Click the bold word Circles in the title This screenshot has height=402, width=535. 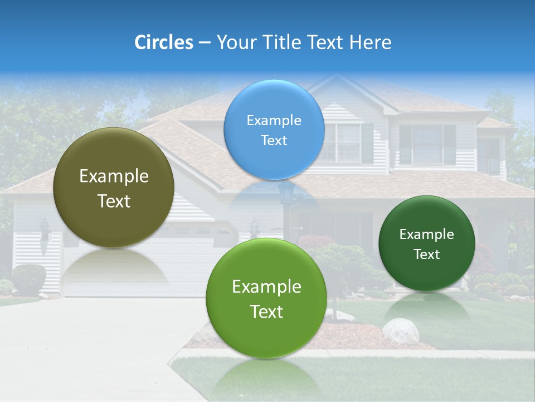[x=163, y=42]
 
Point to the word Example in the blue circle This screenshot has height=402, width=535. [x=274, y=121]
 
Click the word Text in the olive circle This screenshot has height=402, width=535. [x=114, y=201]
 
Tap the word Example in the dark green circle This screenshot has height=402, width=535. [x=426, y=234]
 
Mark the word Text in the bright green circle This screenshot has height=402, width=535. [x=266, y=312]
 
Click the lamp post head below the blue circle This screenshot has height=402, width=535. [x=287, y=193]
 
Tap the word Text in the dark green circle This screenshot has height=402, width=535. [x=427, y=255]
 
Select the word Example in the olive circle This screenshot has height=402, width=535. [x=114, y=176]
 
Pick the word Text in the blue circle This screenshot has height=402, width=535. [x=274, y=141]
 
